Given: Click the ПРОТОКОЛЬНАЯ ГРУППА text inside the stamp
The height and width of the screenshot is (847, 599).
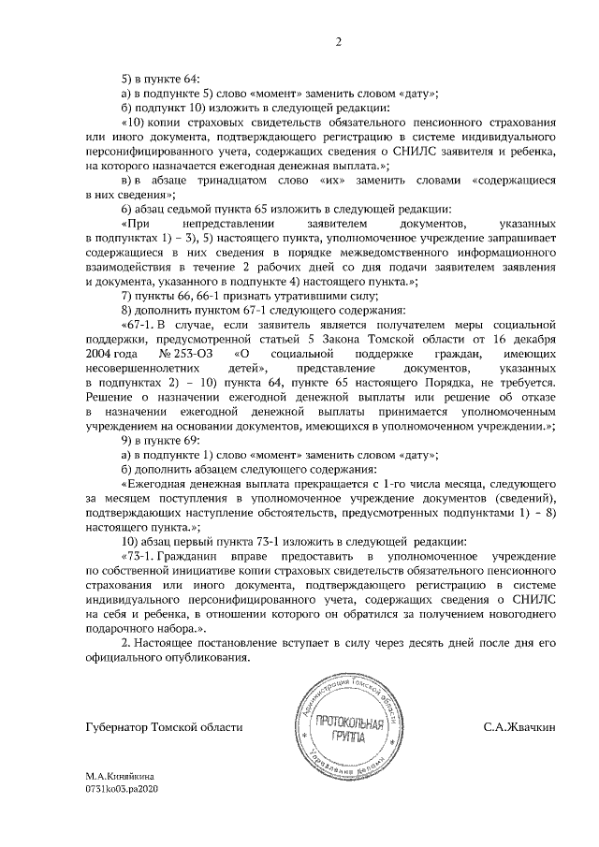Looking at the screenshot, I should [351, 727].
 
